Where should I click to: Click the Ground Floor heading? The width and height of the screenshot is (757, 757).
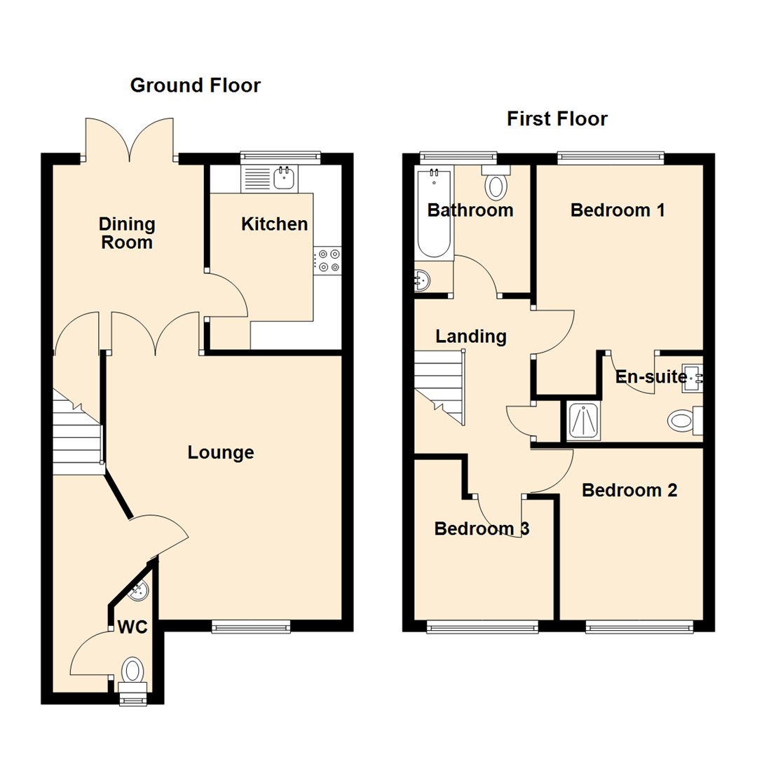click(x=195, y=86)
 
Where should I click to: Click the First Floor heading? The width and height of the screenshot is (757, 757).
click(x=557, y=119)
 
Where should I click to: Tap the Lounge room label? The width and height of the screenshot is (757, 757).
click(x=221, y=453)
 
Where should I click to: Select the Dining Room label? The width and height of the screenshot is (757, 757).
click(x=126, y=233)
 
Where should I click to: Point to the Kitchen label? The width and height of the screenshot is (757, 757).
click(x=274, y=224)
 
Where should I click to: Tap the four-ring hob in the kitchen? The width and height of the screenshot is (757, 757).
click(x=327, y=260)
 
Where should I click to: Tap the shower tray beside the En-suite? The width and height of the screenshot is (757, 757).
click(x=583, y=421)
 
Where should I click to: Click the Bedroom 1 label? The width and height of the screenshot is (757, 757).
click(x=617, y=210)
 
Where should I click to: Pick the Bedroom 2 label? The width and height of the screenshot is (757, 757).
click(x=629, y=490)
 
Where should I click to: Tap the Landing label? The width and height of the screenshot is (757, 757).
click(x=470, y=336)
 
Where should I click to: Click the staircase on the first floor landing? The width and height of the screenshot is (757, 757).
click(x=439, y=387)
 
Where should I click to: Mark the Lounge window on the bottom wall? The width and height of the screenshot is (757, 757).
click(x=252, y=626)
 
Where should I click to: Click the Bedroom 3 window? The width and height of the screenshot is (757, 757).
click(x=483, y=626)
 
